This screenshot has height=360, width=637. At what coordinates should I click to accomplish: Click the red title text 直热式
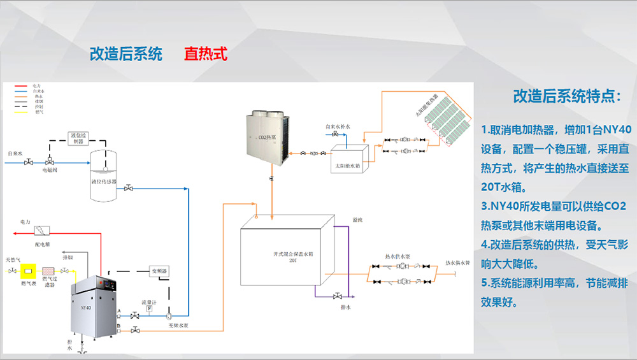205,54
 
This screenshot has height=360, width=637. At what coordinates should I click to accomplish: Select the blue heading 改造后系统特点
566,97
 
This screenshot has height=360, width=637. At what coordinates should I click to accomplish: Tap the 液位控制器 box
79,138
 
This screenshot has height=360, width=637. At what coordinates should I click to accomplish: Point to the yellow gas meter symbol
27,271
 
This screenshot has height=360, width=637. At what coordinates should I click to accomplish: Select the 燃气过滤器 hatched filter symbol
48,271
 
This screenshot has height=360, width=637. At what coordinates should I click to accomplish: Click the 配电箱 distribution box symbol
43,230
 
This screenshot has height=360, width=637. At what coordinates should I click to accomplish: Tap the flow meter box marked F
149,308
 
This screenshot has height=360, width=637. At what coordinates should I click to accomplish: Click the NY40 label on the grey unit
86,308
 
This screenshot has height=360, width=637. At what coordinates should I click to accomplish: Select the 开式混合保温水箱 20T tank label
283,257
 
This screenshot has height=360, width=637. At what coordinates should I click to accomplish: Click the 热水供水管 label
457,261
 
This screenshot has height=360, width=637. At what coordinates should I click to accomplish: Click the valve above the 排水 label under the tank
337,296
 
